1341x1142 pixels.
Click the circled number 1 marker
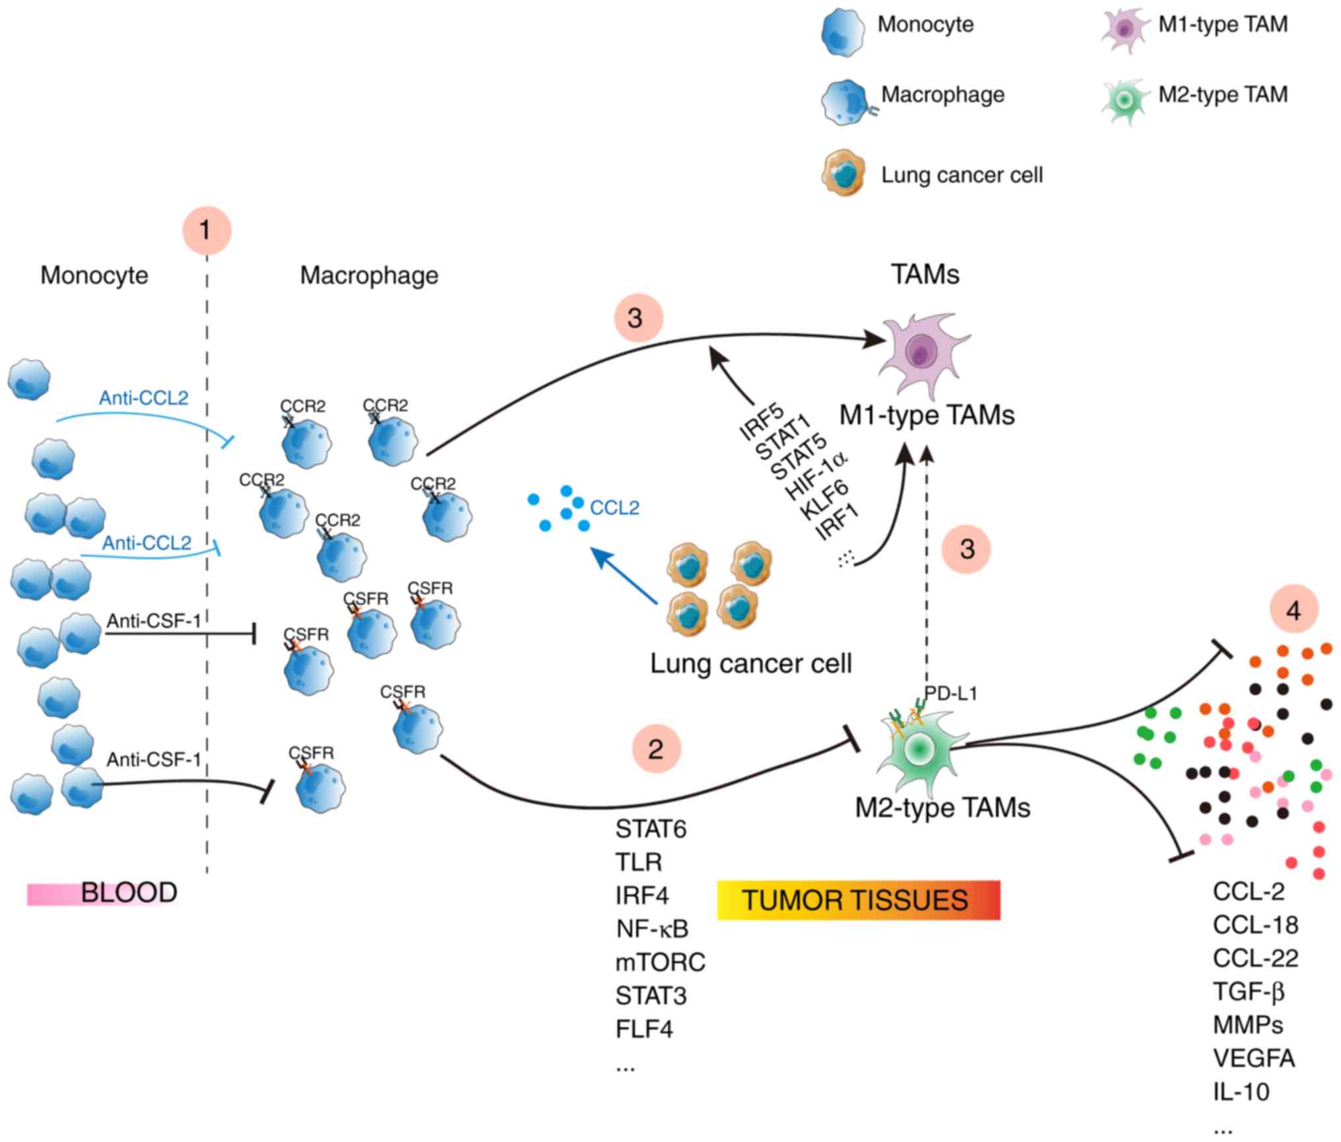point(207,230)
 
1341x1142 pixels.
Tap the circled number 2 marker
point(655,749)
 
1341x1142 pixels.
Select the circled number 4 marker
point(1293,610)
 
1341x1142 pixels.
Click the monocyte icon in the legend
point(843,31)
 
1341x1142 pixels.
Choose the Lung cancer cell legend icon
point(843,174)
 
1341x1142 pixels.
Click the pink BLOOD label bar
point(103,893)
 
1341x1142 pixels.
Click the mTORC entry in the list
point(660,962)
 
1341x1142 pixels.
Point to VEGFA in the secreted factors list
point(1253,1058)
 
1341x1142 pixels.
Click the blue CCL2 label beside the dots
point(614,508)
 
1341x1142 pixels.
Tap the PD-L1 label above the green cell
point(950,694)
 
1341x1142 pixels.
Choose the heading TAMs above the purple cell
point(925,275)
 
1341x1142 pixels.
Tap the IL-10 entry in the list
point(1241,1092)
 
